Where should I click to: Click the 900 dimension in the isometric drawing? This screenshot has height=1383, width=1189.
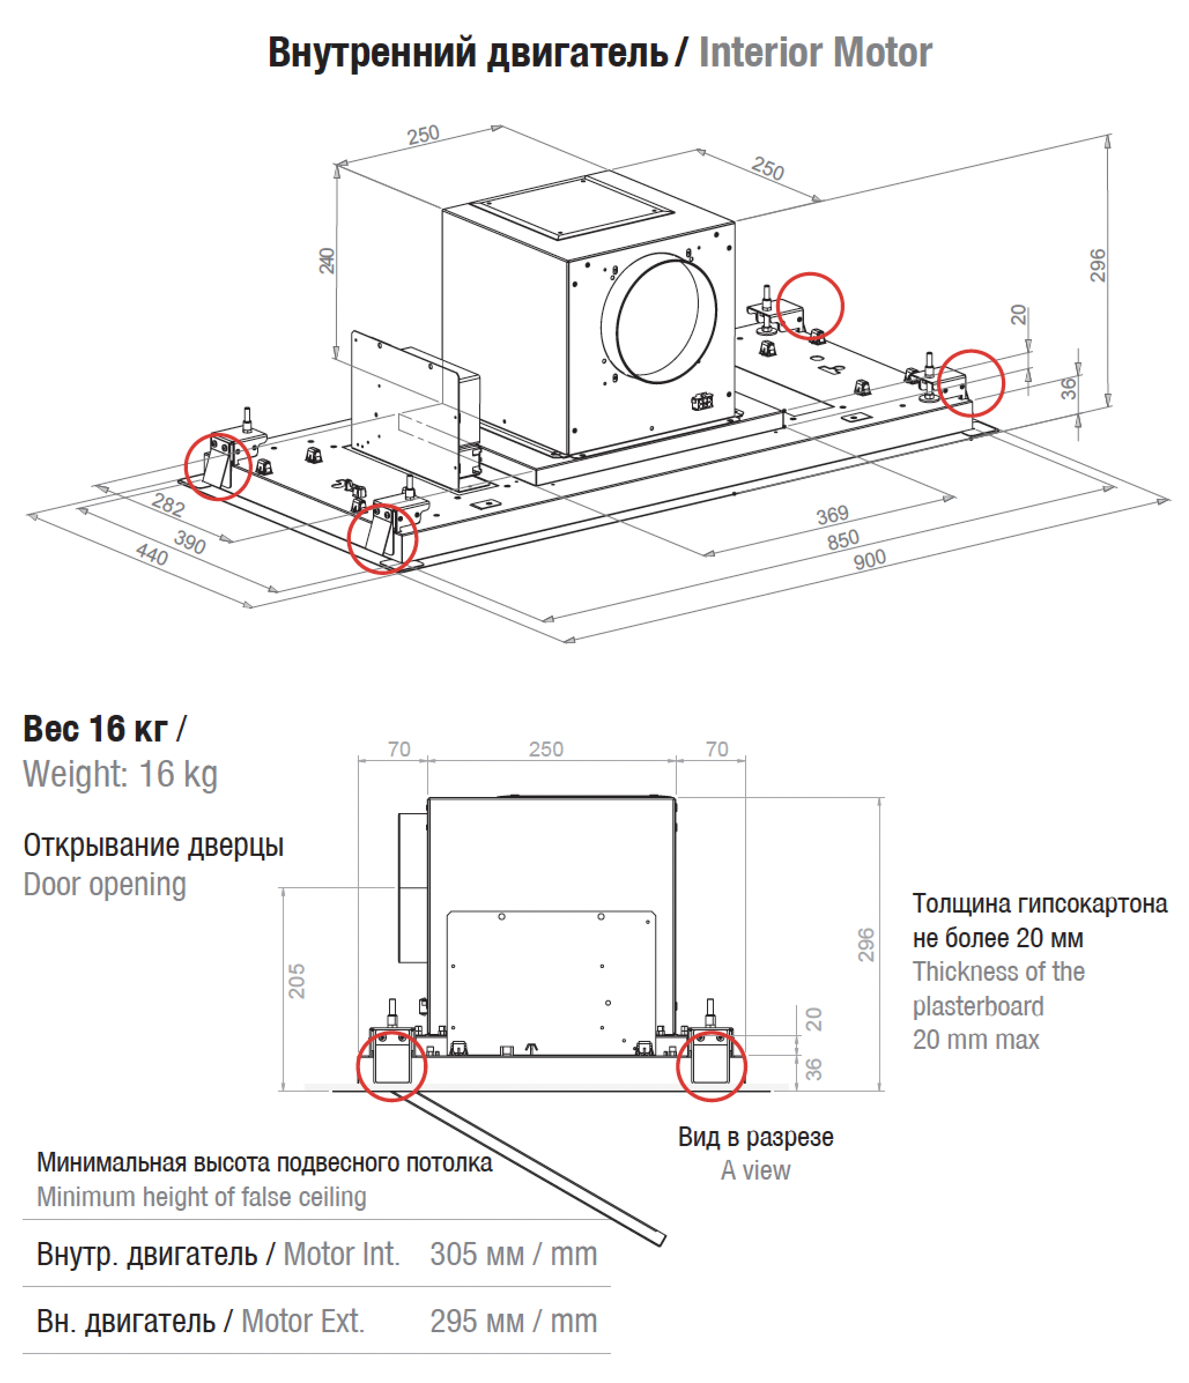(869, 559)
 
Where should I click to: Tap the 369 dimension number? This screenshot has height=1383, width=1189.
(832, 514)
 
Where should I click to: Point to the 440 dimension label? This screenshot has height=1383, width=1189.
(152, 554)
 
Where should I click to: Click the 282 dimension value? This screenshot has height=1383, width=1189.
(168, 505)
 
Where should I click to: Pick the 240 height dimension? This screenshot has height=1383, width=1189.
(327, 260)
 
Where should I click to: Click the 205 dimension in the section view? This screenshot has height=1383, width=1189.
(297, 981)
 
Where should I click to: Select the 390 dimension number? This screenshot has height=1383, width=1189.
(190, 542)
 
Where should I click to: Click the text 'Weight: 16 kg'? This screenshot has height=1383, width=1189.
(120, 774)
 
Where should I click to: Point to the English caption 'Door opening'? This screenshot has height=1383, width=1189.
(105, 884)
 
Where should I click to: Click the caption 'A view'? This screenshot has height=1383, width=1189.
(755, 1170)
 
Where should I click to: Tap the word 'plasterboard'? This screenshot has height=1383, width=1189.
(977, 1005)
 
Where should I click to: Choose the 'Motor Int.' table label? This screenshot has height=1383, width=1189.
(341, 1254)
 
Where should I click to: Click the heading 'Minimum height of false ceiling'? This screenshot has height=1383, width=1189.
(202, 1197)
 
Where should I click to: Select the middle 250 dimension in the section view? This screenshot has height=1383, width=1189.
(546, 749)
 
